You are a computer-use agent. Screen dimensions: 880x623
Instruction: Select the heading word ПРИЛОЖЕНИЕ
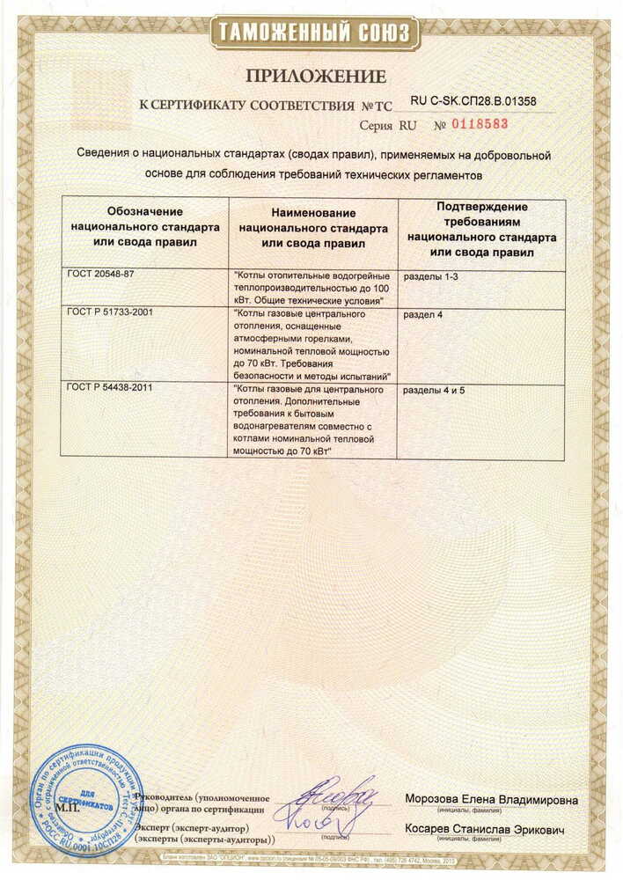[x=311, y=76]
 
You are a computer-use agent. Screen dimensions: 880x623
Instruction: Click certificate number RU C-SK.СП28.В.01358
[x=473, y=102]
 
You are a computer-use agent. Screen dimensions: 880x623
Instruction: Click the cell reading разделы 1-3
[x=431, y=276]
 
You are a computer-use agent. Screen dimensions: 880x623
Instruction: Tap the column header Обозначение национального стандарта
[x=144, y=226]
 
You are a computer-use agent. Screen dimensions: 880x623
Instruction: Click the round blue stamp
[x=85, y=801]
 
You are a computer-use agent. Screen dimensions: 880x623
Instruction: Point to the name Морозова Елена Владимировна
[x=491, y=800]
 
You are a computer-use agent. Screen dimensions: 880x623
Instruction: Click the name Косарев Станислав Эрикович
[x=485, y=830]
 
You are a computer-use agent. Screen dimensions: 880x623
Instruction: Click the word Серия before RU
[x=376, y=126]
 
